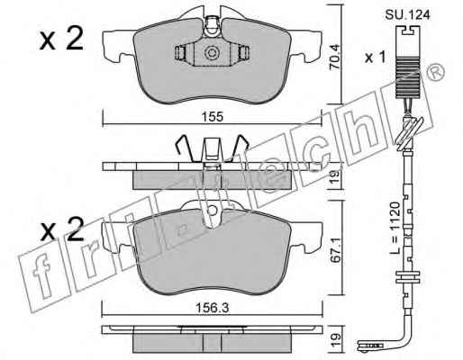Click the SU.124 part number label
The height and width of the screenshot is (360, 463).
[407, 14]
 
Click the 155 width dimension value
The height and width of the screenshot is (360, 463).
[213, 116]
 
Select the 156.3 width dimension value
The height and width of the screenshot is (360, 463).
[212, 308]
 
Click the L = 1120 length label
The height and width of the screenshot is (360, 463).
[395, 228]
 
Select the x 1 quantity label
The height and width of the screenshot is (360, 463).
[375, 57]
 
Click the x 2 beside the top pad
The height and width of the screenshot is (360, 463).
[61, 40]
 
